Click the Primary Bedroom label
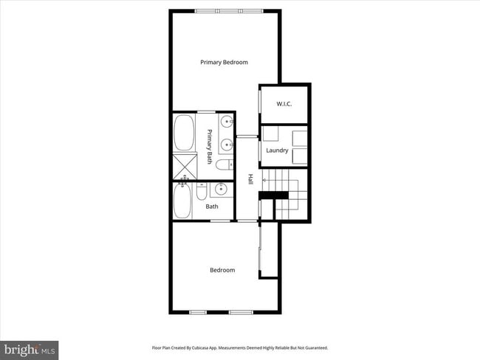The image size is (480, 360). (x=224, y=63)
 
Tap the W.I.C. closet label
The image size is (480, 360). (x=284, y=104)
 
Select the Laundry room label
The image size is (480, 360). (x=277, y=150)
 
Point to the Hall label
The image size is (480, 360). (x=251, y=179)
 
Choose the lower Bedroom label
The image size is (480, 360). (x=222, y=270)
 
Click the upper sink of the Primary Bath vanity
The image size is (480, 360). (x=226, y=122)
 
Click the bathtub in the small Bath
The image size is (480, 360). (x=182, y=201)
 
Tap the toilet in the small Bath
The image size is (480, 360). (x=201, y=193)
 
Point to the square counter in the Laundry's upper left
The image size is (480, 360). (x=270, y=134)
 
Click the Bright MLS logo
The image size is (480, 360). (x=30, y=350)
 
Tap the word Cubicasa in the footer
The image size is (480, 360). (x=204, y=347)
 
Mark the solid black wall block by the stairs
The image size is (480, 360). (x=272, y=195)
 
